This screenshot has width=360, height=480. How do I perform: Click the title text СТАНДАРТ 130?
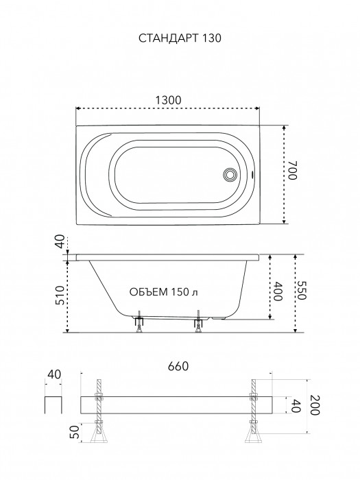[180, 38]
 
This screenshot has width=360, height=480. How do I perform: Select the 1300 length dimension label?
[169, 100]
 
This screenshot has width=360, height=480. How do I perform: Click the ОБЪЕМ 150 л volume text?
[163, 292]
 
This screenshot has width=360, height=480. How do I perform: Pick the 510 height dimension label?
[60, 295]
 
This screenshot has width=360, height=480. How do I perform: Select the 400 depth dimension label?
[278, 291]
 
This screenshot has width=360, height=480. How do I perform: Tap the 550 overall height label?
[302, 290]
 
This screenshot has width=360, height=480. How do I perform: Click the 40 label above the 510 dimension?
[60, 241]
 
